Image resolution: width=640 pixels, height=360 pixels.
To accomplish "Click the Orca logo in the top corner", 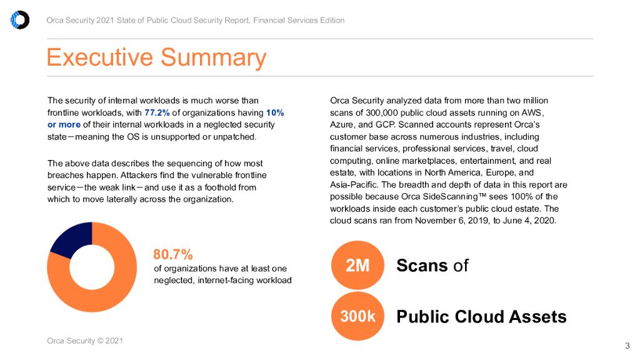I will [x=20, y=20].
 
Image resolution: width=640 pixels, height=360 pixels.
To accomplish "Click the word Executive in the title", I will [x=99, y=57].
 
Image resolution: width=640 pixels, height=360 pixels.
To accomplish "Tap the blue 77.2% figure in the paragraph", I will [x=157, y=112].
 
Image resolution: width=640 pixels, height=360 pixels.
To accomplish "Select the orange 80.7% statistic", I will [x=172, y=254].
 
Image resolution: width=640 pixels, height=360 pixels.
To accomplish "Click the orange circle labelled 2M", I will [x=358, y=266].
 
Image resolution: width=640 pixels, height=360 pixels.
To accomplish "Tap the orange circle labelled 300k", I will [x=358, y=316].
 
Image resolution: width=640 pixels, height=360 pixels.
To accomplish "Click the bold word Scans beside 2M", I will [x=422, y=266].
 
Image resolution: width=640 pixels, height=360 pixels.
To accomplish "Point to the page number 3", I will [x=627, y=346].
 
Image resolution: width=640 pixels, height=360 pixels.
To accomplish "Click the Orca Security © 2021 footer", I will [x=85, y=341].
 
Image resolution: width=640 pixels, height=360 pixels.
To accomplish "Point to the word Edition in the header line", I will [x=331, y=20].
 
